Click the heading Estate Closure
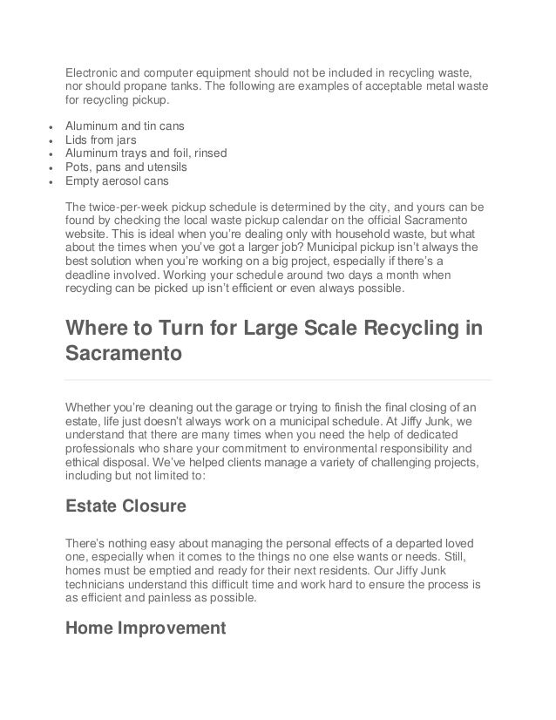point(125,505)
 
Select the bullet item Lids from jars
point(101,139)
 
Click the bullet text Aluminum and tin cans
point(121,125)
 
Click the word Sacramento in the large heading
point(124,356)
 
